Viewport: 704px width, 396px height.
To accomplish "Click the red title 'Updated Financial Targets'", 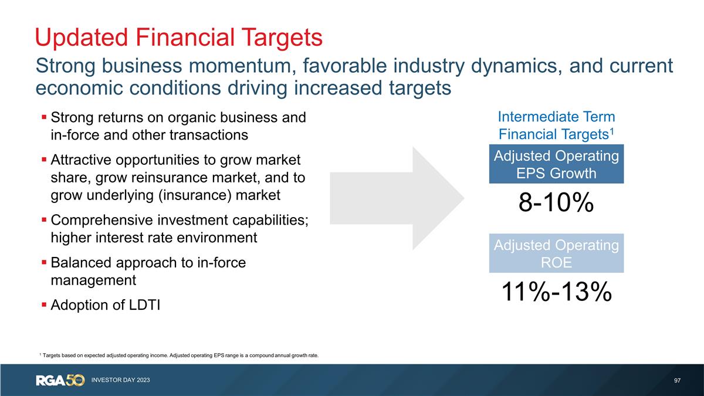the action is [x=178, y=38].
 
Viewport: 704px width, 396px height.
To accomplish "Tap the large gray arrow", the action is [x=397, y=198].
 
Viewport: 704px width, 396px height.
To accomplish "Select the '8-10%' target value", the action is [x=556, y=202].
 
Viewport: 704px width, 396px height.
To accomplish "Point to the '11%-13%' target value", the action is [x=556, y=292].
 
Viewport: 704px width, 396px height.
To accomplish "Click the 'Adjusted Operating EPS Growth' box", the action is [x=556, y=164].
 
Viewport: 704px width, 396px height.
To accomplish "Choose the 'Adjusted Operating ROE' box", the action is [x=556, y=253].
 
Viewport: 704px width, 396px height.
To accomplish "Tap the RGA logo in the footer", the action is [x=50, y=380].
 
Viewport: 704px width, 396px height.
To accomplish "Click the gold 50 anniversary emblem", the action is [x=75, y=380].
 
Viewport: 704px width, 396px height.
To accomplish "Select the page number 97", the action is [x=677, y=381].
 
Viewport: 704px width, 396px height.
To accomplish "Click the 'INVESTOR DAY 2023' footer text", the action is [x=121, y=380].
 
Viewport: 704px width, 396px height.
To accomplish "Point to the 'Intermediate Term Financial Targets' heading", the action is [x=556, y=126].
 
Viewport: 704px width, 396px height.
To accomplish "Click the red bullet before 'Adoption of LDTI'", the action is [x=44, y=304].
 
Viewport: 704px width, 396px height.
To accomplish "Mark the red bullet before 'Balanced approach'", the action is [x=44, y=262].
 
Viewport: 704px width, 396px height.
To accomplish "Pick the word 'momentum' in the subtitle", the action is [x=242, y=66].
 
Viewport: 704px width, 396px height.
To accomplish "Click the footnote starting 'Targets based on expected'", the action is [x=179, y=356].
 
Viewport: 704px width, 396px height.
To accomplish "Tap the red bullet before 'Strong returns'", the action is [x=44, y=117].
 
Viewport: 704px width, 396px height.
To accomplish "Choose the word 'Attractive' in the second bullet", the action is [x=81, y=160].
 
